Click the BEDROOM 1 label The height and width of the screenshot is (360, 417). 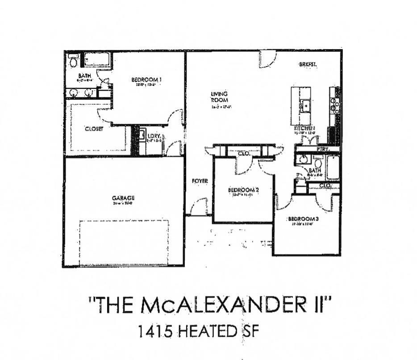(146, 80)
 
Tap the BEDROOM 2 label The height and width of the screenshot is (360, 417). (243, 190)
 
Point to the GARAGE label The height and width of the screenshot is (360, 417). (123, 198)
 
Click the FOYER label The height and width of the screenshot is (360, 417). (200, 181)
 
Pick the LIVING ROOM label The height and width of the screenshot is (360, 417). (219, 97)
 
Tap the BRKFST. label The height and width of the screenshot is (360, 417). (308, 65)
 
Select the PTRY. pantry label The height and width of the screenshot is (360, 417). (323, 149)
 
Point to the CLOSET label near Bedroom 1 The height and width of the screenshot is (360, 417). (94, 129)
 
